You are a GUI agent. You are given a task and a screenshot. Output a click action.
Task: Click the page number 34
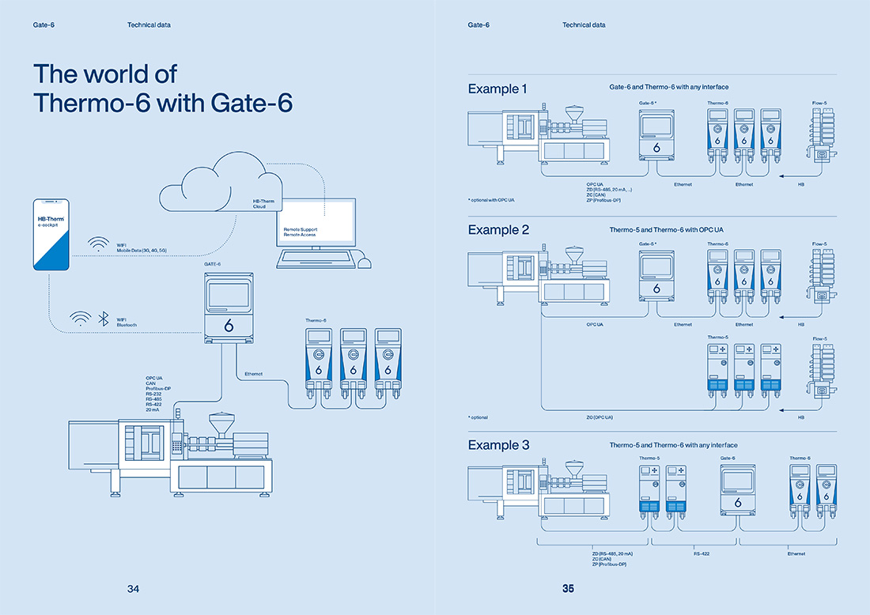coord(134,589)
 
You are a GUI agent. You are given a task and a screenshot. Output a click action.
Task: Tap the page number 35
coord(568,589)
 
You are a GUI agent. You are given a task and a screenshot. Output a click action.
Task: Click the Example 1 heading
coord(497,89)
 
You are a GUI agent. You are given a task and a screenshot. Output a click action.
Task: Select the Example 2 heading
coord(498,230)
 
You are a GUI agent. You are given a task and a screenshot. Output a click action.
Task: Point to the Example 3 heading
coord(498,445)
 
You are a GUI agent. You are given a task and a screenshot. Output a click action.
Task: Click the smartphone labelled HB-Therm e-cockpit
coord(51,235)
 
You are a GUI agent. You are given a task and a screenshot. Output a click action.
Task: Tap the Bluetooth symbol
coord(102,319)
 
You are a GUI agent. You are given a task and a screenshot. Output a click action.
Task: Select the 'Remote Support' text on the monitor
coord(301,230)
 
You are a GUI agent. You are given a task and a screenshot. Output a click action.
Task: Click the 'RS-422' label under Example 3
coord(702,554)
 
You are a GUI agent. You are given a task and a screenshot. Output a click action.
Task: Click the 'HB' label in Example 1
coord(801,184)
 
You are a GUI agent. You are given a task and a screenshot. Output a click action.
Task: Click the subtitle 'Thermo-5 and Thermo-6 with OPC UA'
coord(666,230)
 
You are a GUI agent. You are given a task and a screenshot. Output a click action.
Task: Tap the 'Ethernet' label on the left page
coord(254,373)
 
